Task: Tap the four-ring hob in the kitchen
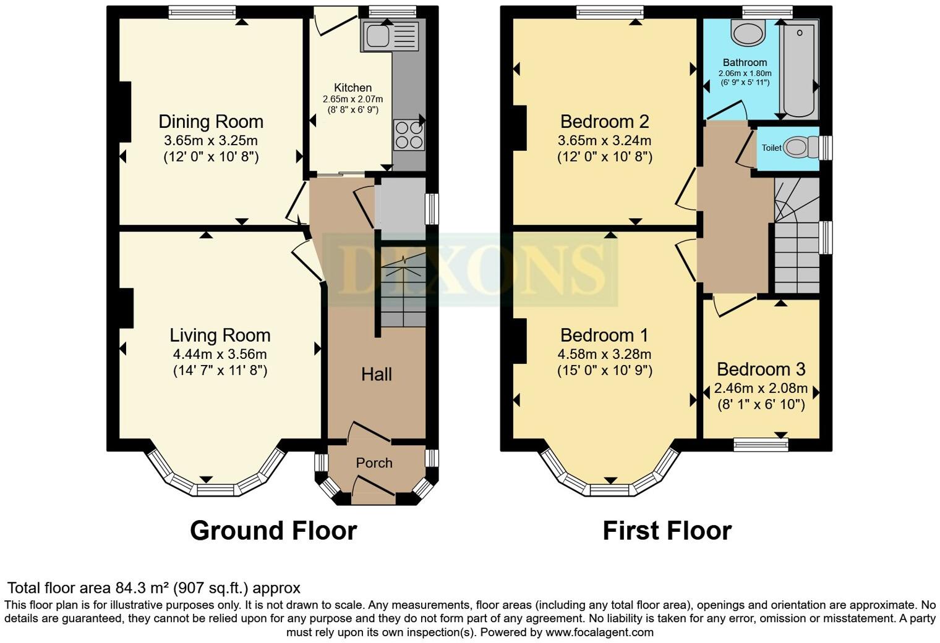(x=409, y=135)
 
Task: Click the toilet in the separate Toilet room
(x=800, y=147)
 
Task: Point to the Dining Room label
(x=211, y=121)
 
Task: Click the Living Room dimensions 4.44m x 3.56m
(x=220, y=354)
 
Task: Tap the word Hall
(x=377, y=374)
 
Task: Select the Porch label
(x=374, y=463)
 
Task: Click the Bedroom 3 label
(x=761, y=369)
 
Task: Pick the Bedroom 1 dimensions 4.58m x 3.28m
(x=604, y=354)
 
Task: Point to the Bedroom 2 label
(x=604, y=121)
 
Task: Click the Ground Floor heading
(x=273, y=531)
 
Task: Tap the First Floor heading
(x=667, y=531)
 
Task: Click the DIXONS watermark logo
(x=470, y=269)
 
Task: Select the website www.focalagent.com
(x=599, y=632)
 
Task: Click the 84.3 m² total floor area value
(x=143, y=587)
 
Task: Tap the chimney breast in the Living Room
(x=126, y=308)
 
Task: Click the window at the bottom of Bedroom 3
(x=761, y=444)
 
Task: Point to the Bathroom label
(x=745, y=62)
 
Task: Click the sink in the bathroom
(x=748, y=32)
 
